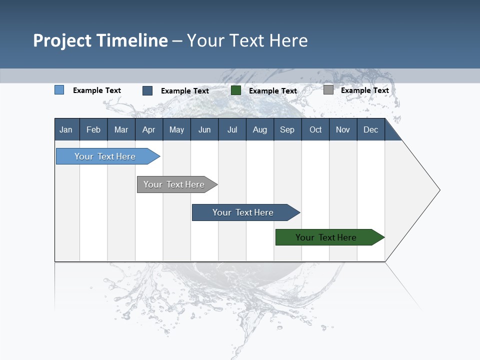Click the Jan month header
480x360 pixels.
click(66, 129)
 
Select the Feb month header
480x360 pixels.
click(93, 129)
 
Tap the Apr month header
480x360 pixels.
click(148, 129)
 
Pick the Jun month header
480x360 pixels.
click(204, 129)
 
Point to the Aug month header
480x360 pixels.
click(259, 129)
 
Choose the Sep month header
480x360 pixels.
click(287, 129)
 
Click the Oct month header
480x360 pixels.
click(315, 129)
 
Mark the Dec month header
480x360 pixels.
click(370, 129)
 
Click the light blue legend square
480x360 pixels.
click(59, 90)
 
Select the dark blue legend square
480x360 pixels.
click(147, 90)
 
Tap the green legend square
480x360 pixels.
click(236, 90)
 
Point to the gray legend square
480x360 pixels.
click(328, 90)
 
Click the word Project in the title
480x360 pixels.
click(62, 40)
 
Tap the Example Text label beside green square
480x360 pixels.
click(273, 91)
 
